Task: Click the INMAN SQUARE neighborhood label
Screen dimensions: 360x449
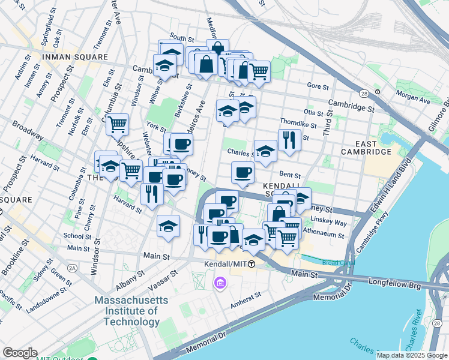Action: tap(74, 57)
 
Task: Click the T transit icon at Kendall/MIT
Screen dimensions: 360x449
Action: tap(252, 264)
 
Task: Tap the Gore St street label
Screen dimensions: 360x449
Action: tap(318, 86)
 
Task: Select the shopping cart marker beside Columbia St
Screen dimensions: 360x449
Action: tap(118, 124)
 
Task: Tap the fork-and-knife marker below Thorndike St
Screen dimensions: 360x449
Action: tap(289, 140)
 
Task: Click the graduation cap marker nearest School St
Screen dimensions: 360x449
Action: tap(169, 226)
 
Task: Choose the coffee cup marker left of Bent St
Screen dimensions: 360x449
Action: tap(243, 172)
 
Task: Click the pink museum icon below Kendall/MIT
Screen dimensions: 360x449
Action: tap(220, 283)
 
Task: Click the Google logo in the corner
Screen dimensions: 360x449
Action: tap(20, 353)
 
